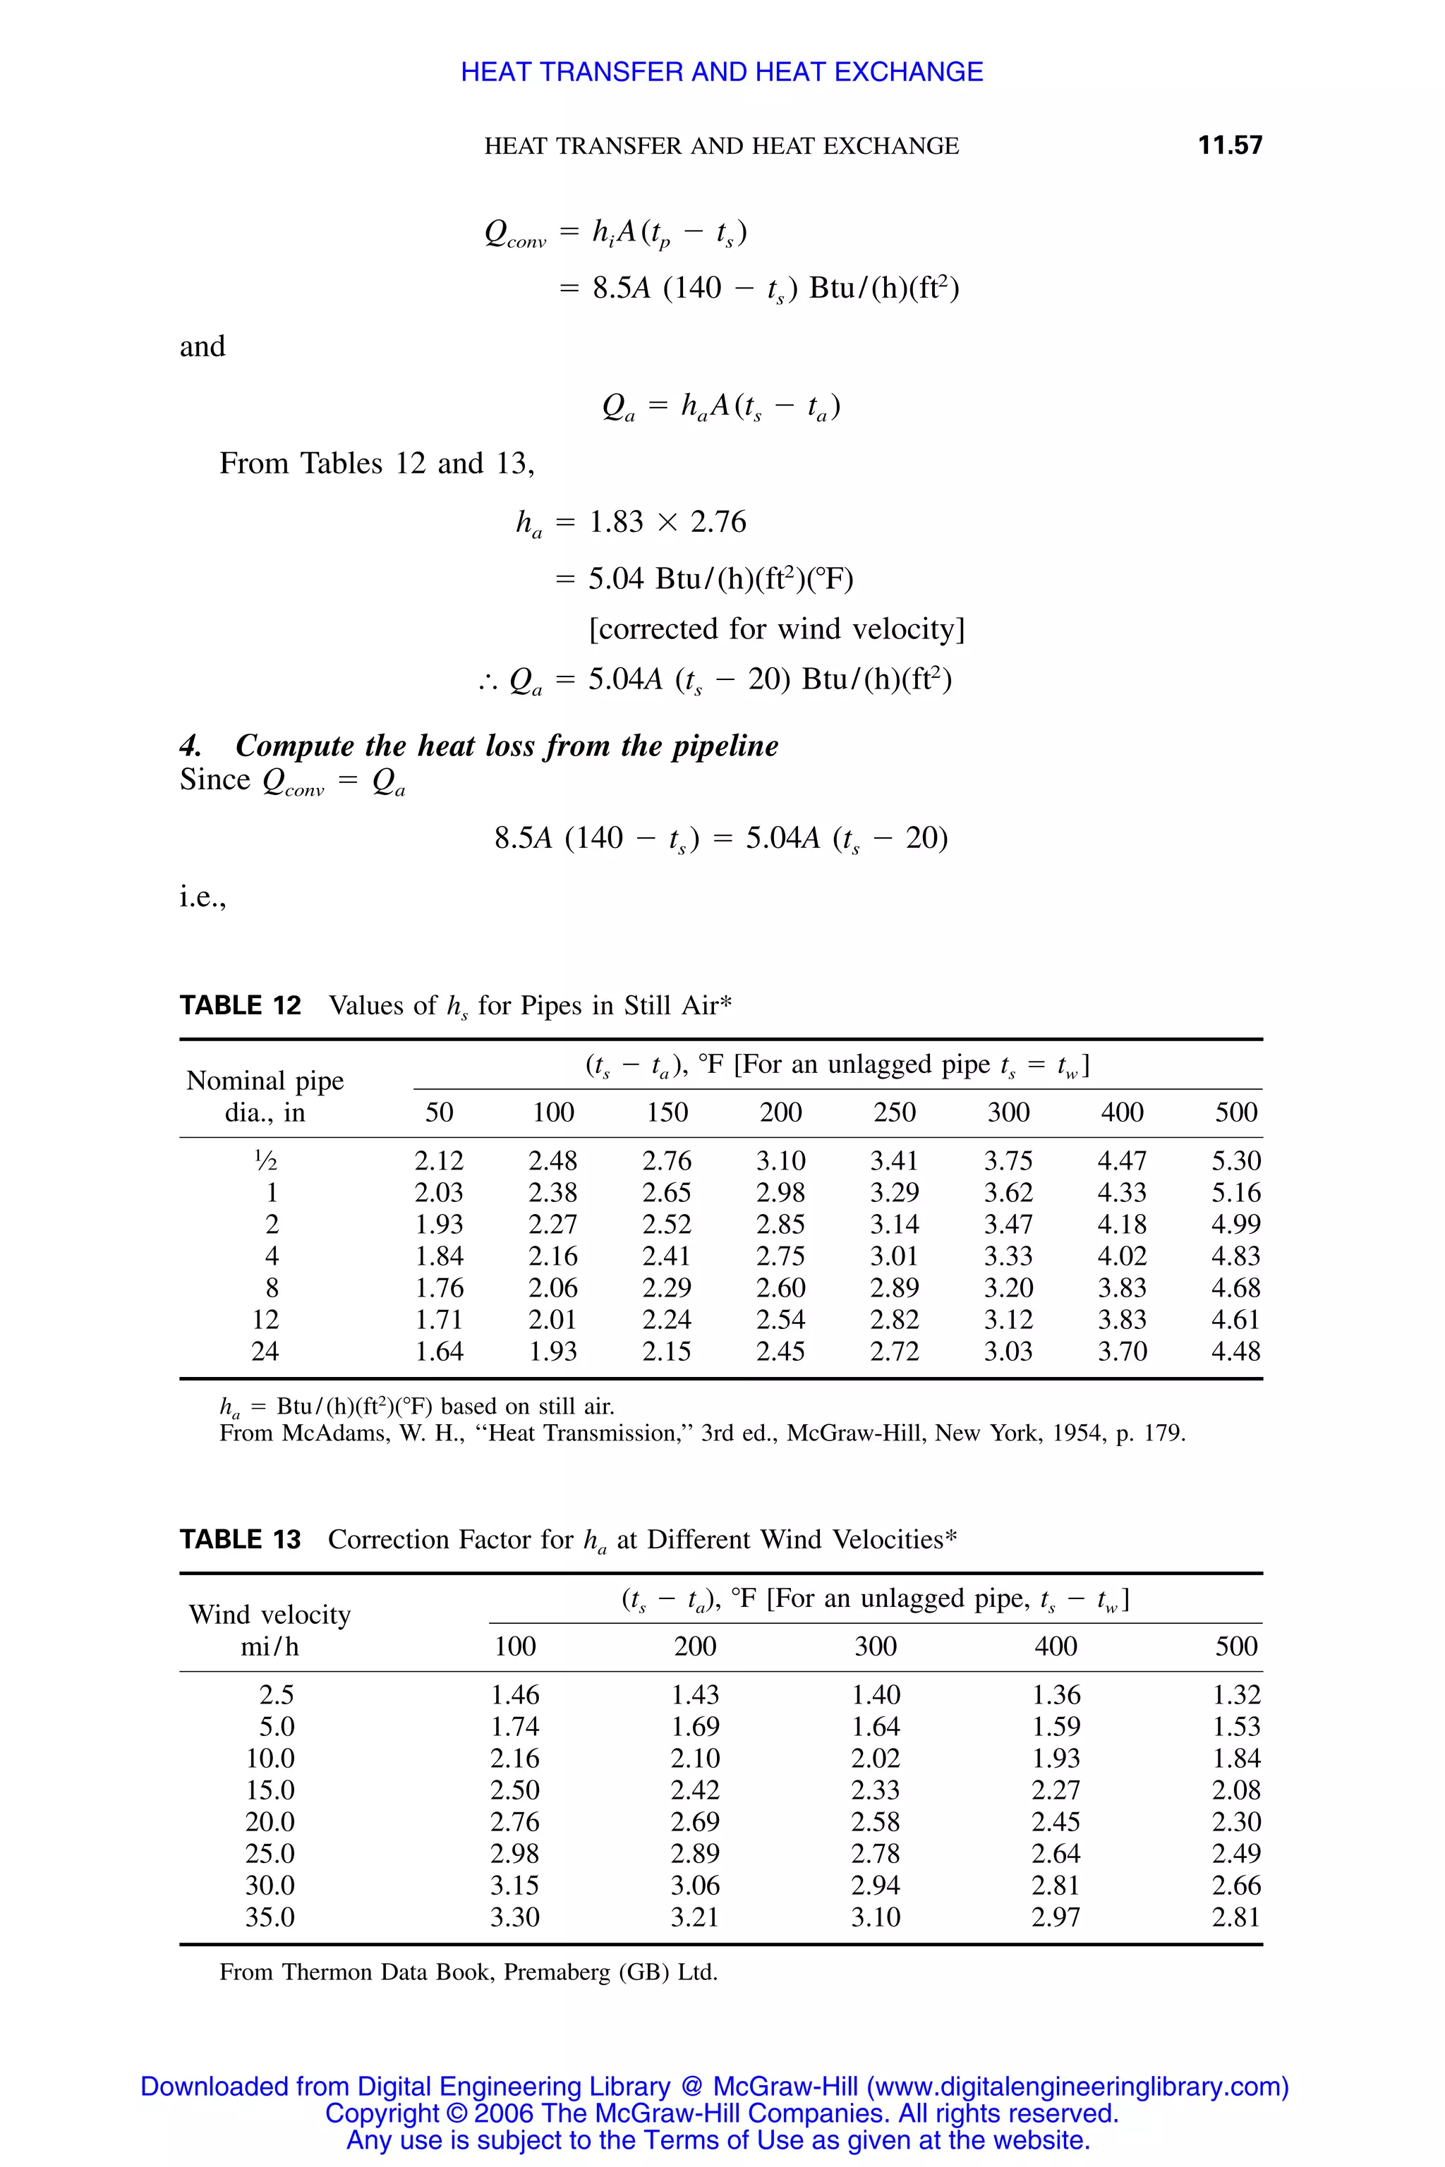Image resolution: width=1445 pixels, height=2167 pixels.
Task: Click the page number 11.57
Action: coord(1229,145)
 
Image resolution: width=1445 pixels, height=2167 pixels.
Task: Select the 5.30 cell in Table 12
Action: coord(1236,1161)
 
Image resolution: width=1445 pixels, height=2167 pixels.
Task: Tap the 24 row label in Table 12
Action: coord(265,1352)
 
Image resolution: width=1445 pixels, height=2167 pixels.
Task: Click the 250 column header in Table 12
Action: coord(894,1112)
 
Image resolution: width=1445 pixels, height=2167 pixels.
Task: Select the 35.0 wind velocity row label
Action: coord(270,1917)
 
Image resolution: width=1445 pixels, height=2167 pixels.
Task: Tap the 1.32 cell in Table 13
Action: coord(1236,1695)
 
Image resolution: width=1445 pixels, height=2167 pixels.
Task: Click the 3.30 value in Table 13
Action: coord(514,1917)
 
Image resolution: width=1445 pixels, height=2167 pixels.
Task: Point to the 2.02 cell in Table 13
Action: coord(875,1759)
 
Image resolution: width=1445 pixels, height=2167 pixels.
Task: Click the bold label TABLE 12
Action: coord(241,1005)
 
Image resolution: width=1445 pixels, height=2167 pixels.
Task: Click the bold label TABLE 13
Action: coord(241,1540)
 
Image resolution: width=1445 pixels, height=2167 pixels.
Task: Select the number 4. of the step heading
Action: coord(191,746)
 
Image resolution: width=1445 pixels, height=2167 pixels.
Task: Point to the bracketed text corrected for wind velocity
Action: coord(776,629)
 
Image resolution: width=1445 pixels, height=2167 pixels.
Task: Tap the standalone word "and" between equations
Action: coord(202,346)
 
